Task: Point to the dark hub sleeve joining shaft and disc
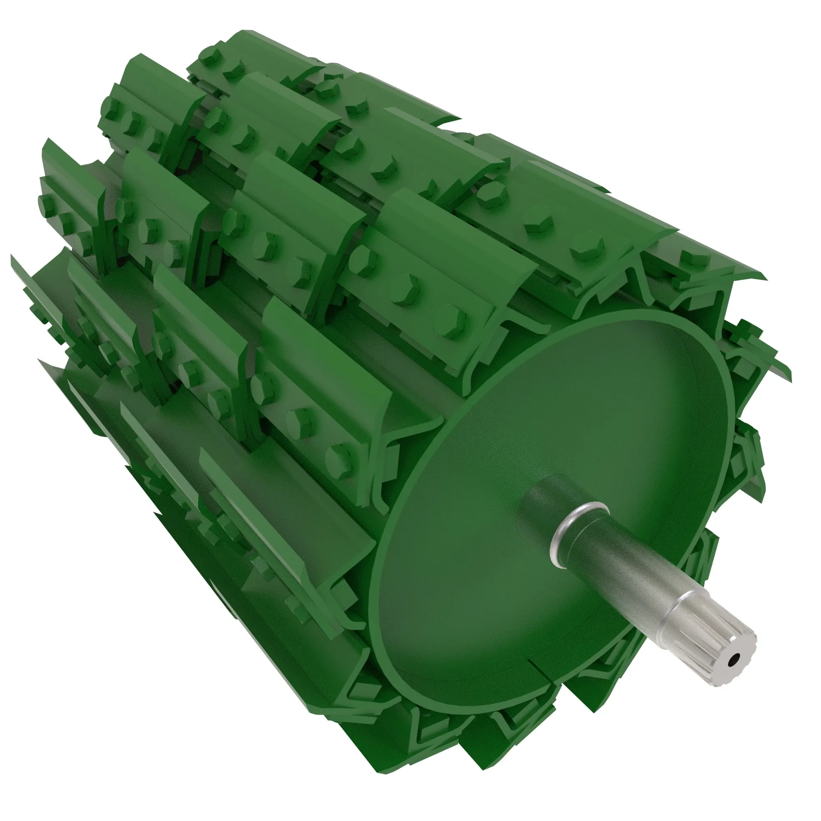[x=548, y=497]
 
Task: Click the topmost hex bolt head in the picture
[x=210, y=60]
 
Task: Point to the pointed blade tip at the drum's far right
[x=791, y=372]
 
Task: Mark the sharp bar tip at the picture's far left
[x=12, y=257]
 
